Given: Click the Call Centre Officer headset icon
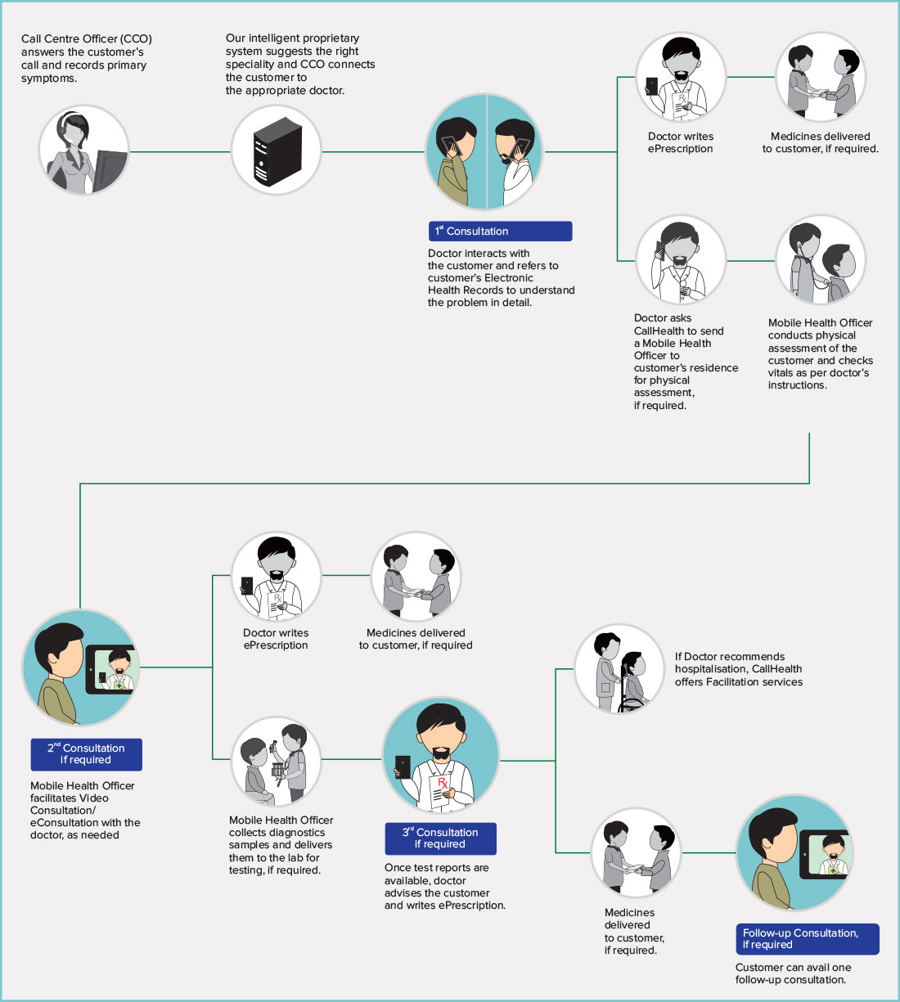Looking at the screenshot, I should (83, 151).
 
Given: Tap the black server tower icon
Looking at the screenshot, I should (276, 152).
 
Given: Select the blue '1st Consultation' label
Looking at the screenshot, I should (499, 231).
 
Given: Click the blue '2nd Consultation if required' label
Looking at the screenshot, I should (86, 754).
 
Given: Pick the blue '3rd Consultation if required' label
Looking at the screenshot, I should (440, 838).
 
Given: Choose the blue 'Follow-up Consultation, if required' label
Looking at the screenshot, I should (807, 939).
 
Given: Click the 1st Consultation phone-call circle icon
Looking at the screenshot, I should (487, 152).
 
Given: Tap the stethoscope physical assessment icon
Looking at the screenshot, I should (820, 260).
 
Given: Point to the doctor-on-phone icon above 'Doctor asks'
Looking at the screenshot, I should (681, 260).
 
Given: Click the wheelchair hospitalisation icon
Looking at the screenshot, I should (619, 668).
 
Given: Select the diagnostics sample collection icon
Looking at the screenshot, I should (276, 761).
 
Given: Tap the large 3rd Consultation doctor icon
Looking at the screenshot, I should (440, 757).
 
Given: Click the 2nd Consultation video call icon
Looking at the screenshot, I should (80, 667).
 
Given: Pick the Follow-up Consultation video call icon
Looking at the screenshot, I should (794, 853).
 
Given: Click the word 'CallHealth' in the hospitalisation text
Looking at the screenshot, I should (776, 669).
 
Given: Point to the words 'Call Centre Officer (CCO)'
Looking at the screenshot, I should (87, 38).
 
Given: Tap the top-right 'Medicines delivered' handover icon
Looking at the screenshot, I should (820, 77).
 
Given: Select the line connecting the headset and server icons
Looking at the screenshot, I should (180, 152).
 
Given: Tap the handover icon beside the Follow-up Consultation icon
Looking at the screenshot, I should (636, 853).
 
